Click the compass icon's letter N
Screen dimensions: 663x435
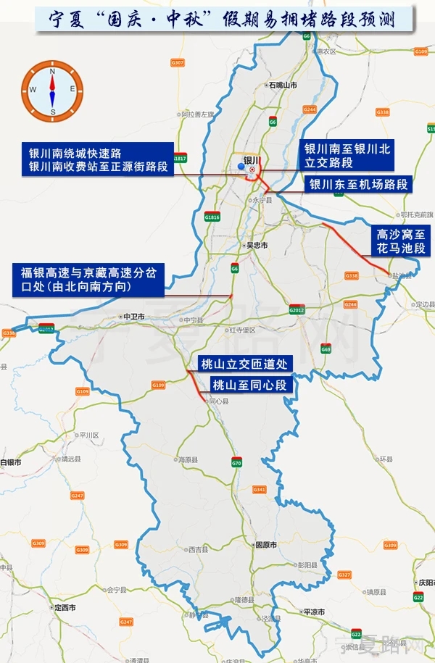coord(52,71)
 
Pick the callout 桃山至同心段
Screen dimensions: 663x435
coord(250,384)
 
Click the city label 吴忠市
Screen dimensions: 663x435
coord(256,246)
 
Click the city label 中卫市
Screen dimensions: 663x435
coord(134,317)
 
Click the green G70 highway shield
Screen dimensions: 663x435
coord(236,462)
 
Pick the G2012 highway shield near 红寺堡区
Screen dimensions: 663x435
coord(297,310)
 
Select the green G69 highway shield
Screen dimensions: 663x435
coord(326,349)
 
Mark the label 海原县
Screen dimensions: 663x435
coord(188,459)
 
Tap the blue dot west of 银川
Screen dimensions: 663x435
coord(241,167)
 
